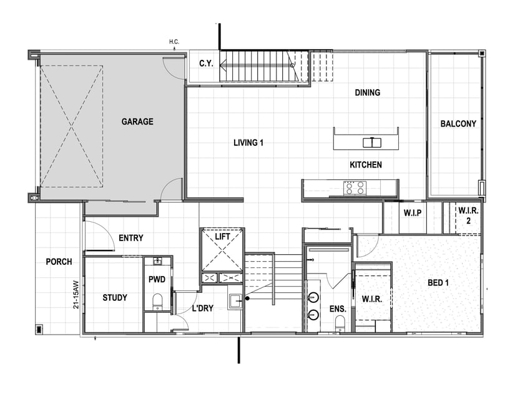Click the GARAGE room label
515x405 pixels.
pos(137,121)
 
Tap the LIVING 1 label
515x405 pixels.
pos(248,143)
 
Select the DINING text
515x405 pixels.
pos(368,92)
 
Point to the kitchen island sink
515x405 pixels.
pos(372,143)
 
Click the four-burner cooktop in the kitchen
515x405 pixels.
pos(355,188)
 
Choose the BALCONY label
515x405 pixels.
pos(458,123)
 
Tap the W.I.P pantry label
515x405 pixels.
pos(413,213)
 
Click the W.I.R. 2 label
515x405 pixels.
pos(468,216)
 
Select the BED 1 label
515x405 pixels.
pos(438,283)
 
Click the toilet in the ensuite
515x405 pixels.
pos(340,323)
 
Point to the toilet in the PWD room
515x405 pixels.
pos(158,302)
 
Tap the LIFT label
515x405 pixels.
pos(222,237)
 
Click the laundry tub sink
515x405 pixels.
pos(235,302)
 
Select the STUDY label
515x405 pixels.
pos(115,298)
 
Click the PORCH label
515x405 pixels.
pos(59,262)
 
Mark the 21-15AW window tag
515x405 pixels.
pos(76,295)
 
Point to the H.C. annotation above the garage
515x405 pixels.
pos(174,42)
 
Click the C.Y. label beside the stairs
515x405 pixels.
pos(206,64)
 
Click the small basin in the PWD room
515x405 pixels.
pos(158,261)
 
